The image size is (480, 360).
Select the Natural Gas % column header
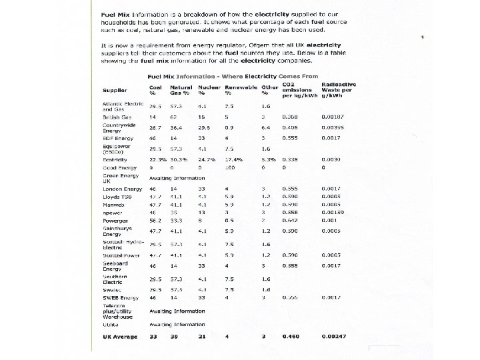tap(181, 90)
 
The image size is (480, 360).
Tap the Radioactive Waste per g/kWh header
tap(338, 89)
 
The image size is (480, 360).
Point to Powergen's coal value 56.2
tap(155, 220)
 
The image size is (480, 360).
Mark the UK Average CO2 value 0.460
tap(290, 337)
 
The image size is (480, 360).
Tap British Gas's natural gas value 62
tap(173, 117)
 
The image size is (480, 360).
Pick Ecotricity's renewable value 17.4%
tap(233, 160)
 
